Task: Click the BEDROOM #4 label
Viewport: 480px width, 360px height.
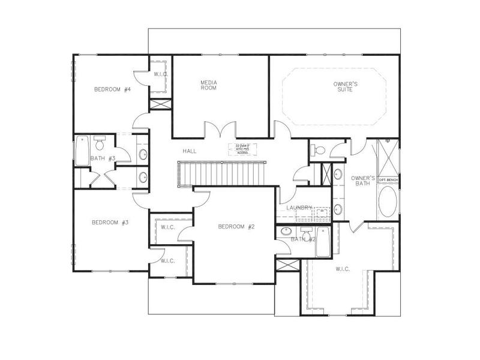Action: tap(112, 90)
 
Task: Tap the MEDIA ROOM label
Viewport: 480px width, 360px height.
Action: tap(208, 85)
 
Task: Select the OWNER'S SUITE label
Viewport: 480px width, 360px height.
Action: tap(346, 88)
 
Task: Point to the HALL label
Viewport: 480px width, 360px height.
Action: tap(190, 151)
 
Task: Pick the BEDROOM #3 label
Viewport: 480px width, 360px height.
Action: tap(110, 223)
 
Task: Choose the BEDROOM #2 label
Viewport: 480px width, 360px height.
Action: tap(236, 226)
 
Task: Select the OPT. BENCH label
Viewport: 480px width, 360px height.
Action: tap(387, 180)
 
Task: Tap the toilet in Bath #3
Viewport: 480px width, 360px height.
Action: tap(100, 144)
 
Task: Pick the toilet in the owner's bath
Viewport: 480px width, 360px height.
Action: tap(319, 150)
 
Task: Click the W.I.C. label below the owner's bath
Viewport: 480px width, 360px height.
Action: tap(343, 269)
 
